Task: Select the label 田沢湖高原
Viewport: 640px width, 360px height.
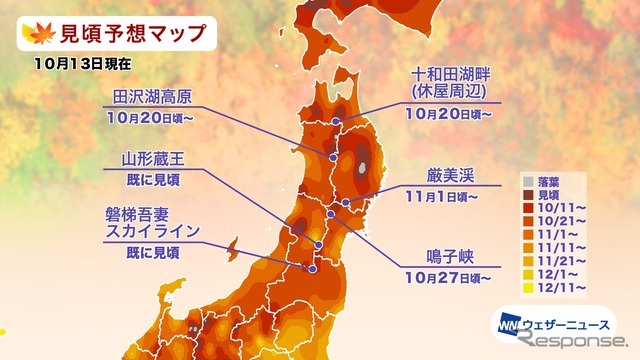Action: tap(152, 96)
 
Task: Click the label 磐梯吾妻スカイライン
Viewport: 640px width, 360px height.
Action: tap(151, 222)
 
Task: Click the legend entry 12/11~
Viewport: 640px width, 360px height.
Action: tap(559, 287)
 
